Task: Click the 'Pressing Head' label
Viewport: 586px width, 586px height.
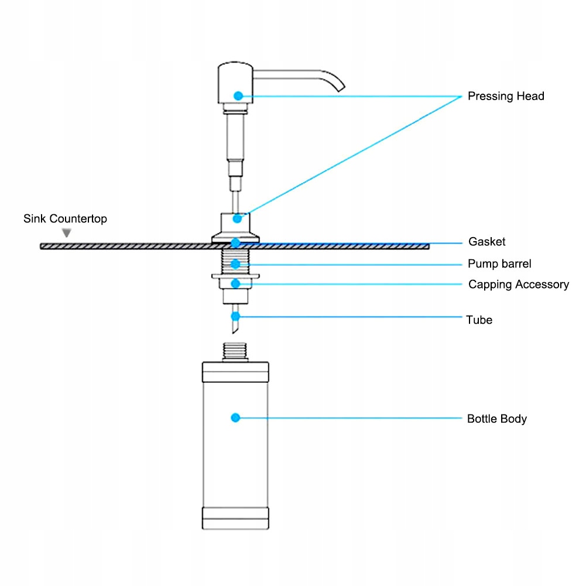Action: (506, 96)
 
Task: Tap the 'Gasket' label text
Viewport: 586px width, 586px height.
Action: (486, 241)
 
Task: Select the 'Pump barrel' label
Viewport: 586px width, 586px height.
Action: (499, 263)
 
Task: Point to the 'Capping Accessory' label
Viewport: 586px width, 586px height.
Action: (518, 285)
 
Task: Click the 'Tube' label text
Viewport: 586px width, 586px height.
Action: (479, 320)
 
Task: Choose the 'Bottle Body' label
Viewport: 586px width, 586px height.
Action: (496, 419)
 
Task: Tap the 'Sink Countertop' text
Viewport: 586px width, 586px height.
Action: (65, 218)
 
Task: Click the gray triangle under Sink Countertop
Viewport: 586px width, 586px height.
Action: (67, 233)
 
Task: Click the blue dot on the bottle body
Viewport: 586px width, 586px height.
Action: (235, 417)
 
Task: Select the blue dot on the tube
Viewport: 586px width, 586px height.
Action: (235, 317)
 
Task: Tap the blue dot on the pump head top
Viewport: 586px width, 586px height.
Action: (238, 96)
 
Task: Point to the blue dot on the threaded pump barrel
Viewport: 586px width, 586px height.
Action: (235, 264)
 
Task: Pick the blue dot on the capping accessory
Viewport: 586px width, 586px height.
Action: (235, 284)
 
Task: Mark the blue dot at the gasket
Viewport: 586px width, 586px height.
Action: (235, 244)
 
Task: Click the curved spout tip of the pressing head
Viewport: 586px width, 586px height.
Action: (341, 89)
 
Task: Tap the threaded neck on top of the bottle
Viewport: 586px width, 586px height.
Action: (235, 351)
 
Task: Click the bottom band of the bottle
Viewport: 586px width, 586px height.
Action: (235, 518)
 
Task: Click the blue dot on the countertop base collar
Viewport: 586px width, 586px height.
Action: (237, 218)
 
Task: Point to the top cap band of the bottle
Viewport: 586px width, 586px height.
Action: (235, 372)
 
